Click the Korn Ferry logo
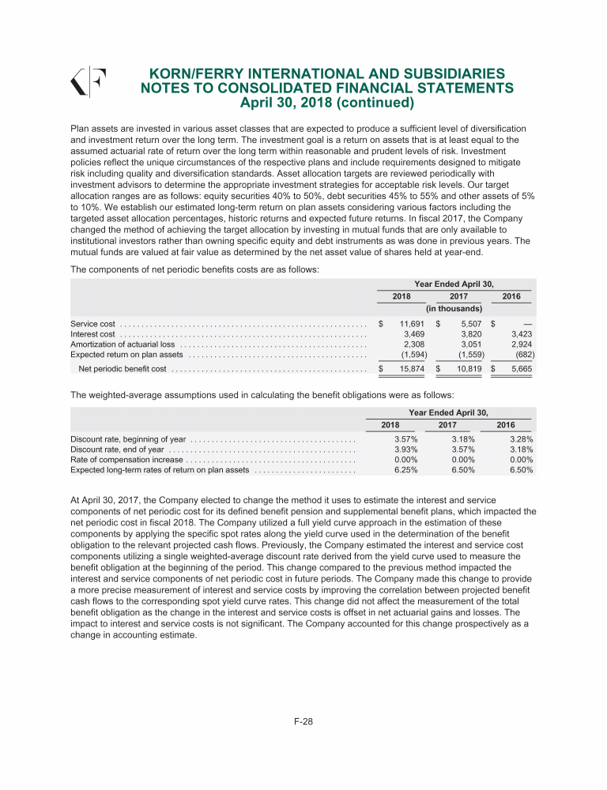[89, 82]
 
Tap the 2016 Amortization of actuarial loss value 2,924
[518, 344]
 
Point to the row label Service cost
[93, 324]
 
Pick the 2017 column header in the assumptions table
[448, 424]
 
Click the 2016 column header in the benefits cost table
[511, 295]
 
